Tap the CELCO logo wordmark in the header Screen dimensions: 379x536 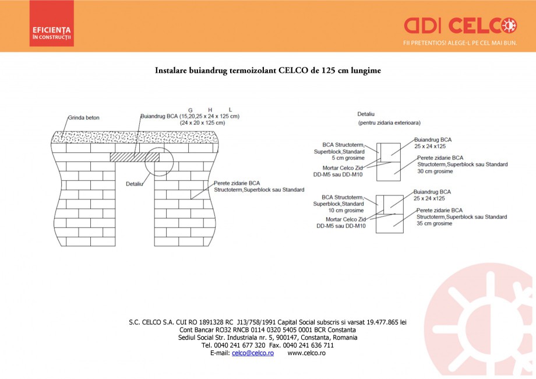[460, 26]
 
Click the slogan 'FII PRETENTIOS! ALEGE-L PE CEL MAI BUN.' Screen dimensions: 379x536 [460, 43]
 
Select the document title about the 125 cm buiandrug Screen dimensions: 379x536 [267, 71]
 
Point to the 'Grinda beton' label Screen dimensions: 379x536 [84, 117]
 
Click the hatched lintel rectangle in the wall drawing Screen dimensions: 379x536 [135, 157]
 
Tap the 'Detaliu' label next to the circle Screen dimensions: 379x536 [135, 184]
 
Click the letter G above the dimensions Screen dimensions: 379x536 [190, 110]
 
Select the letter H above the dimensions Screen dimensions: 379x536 [210, 110]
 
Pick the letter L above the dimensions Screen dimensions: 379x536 [230, 110]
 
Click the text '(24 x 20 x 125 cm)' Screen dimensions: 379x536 [202, 124]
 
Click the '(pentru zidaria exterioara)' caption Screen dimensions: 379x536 [389, 124]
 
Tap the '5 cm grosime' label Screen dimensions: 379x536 [348, 157]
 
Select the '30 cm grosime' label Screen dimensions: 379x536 [435, 171]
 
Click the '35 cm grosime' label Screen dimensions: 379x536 [434, 223]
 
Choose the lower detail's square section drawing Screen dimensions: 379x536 [389, 213]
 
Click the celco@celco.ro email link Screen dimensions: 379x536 [252, 353]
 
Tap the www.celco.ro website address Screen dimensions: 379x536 [306, 353]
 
